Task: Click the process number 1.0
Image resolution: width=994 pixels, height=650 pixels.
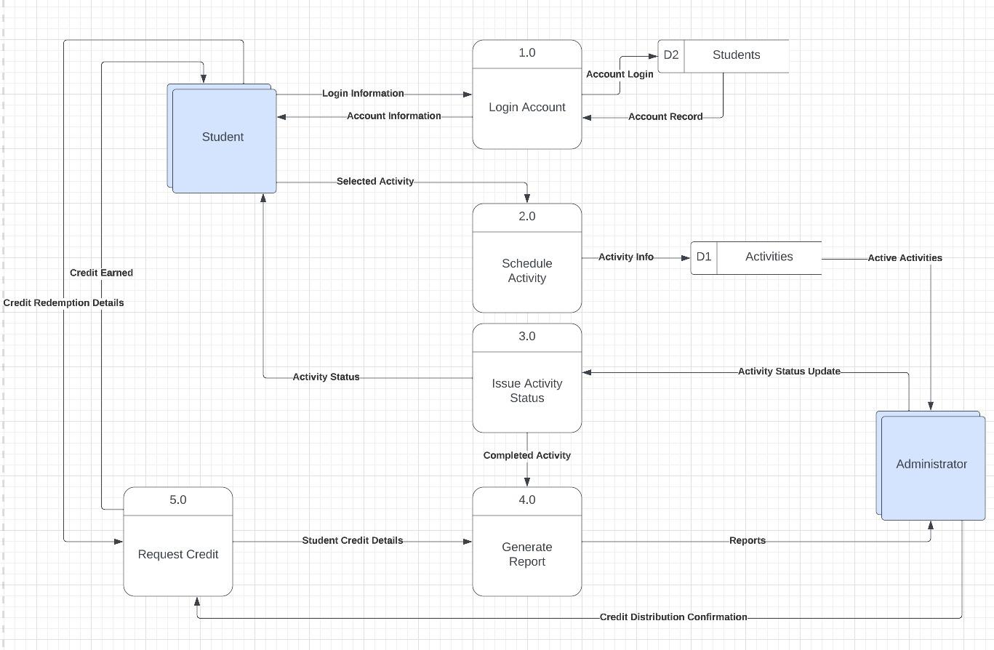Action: pyautogui.click(x=526, y=53)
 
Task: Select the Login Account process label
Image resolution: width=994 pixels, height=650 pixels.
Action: pyautogui.click(x=526, y=108)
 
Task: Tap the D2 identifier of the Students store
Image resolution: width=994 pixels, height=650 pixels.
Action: pyautogui.click(x=670, y=55)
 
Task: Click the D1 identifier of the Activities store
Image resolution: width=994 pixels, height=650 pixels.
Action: pyautogui.click(x=703, y=257)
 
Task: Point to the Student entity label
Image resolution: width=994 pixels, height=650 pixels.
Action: pyautogui.click(x=223, y=137)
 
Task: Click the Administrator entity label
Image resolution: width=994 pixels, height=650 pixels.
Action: pyautogui.click(x=931, y=464)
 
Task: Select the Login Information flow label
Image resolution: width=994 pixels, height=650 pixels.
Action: pyautogui.click(x=362, y=94)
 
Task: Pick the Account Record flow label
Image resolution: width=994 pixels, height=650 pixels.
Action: pyautogui.click(x=665, y=116)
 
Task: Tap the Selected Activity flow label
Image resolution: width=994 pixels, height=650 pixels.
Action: pyautogui.click(x=374, y=182)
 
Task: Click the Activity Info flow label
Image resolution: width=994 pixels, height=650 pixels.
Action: pyautogui.click(x=625, y=257)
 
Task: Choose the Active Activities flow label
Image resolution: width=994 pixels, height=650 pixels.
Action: pyautogui.click(x=904, y=258)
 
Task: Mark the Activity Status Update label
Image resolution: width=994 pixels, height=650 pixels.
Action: pyautogui.click(x=788, y=372)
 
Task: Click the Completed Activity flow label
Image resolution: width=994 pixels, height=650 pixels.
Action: pyautogui.click(x=526, y=456)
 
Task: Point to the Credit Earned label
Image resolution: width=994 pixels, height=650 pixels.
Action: pyautogui.click(x=101, y=273)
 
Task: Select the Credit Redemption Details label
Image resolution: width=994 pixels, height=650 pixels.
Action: pyautogui.click(x=63, y=302)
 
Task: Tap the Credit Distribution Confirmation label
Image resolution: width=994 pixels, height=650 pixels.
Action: pyautogui.click(x=673, y=617)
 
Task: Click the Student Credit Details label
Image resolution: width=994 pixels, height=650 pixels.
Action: pyautogui.click(x=352, y=541)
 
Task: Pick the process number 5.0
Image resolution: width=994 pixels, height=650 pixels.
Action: pyautogui.click(x=177, y=500)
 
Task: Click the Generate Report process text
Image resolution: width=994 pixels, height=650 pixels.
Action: pyautogui.click(x=526, y=555)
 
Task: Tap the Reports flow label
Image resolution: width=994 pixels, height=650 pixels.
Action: pyautogui.click(x=747, y=541)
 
